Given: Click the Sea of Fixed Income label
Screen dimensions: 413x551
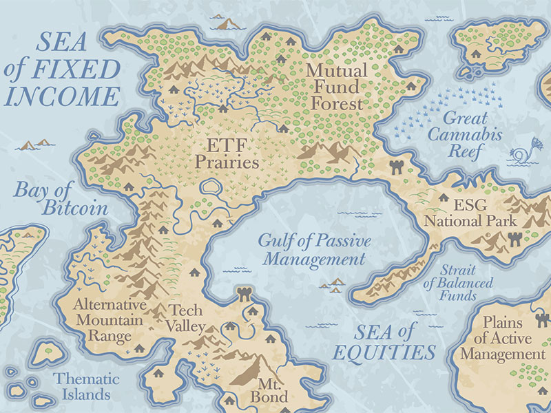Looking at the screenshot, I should point(62,68).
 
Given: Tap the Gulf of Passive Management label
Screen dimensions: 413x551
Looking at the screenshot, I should point(314,250).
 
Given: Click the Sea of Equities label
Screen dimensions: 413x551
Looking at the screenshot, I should point(385,342).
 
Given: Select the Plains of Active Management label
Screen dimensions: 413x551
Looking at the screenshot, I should point(503,338).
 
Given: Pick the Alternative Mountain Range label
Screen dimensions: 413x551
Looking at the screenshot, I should point(110,321).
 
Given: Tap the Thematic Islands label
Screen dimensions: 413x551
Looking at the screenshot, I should point(87,387).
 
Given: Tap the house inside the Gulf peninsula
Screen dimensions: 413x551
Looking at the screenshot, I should point(194,272).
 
